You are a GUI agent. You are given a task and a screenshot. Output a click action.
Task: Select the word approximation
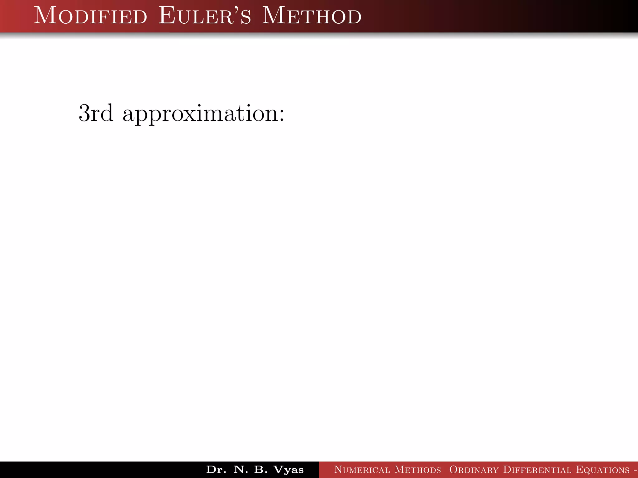click(201, 114)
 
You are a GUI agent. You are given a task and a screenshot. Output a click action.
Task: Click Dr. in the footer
click(216, 470)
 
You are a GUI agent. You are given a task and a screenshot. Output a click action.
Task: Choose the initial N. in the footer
click(241, 470)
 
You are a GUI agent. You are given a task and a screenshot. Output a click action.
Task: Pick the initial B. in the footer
click(261, 470)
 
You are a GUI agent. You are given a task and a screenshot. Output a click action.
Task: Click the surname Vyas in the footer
click(288, 470)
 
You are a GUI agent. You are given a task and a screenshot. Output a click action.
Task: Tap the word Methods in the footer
click(418, 470)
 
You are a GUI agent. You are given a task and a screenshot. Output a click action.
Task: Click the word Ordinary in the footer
click(474, 470)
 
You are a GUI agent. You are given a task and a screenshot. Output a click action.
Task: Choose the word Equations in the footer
click(603, 470)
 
